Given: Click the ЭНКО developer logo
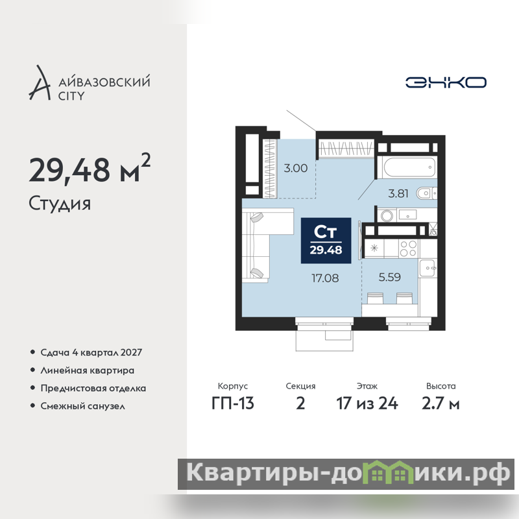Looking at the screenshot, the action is point(446,82).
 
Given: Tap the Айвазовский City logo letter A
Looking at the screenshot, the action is point(40,83).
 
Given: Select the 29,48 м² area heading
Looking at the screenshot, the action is point(90,169).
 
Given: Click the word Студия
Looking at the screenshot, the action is point(60,204).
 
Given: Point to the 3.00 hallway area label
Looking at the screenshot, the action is point(296,168).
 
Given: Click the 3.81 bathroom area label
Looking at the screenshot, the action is point(398,193).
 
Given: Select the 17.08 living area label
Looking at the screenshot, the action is point(325,278).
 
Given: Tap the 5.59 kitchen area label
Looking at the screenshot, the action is point(390,277).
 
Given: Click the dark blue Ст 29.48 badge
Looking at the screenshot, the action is point(326,241).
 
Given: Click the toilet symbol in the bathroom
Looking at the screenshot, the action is point(426,193).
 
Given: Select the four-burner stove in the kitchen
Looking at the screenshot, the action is point(408,248).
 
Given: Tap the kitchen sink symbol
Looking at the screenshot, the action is point(428,268).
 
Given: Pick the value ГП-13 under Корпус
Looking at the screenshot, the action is point(233,403).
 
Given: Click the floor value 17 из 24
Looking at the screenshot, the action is point(367,403).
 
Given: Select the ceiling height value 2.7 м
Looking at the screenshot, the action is point(441,403).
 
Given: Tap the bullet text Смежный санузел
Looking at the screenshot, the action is point(83,406).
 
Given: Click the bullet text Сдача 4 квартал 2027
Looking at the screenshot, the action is point(91,352).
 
